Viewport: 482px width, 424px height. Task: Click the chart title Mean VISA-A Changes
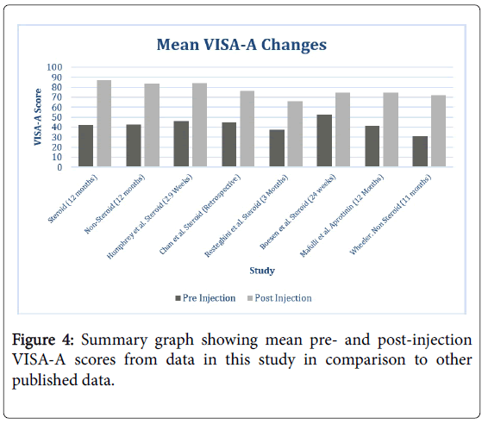[x=241, y=45]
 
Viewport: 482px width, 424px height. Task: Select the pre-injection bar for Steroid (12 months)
[x=85, y=146]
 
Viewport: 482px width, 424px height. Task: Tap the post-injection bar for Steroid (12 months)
[x=104, y=123]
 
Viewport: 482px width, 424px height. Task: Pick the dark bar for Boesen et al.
[x=324, y=140]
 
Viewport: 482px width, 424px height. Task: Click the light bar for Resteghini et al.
[x=295, y=134]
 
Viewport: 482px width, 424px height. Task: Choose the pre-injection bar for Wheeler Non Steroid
[x=420, y=151]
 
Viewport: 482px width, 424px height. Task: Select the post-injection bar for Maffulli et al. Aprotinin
[x=391, y=129]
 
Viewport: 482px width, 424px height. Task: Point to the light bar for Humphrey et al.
[x=199, y=125]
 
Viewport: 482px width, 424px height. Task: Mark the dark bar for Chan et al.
[x=229, y=145]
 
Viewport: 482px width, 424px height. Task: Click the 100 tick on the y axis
[x=54, y=67]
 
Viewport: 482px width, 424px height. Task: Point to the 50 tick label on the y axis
[x=57, y=117]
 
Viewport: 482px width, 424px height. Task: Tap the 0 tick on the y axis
[x=59, y=167]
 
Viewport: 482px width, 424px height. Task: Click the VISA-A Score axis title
[x=37, y=117]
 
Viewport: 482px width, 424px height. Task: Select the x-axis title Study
[x=262, y=271]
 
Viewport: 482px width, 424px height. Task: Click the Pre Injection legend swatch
[x=178, y=298]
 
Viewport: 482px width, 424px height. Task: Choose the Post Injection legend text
[x=283, y=298]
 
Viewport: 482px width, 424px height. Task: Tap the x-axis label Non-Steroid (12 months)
[x=115, y=204]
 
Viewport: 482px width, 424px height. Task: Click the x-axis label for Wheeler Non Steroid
[x=391, y=215]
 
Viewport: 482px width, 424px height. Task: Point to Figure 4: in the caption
[x=43, y=340]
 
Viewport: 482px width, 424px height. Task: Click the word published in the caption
[x=43, y=381]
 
